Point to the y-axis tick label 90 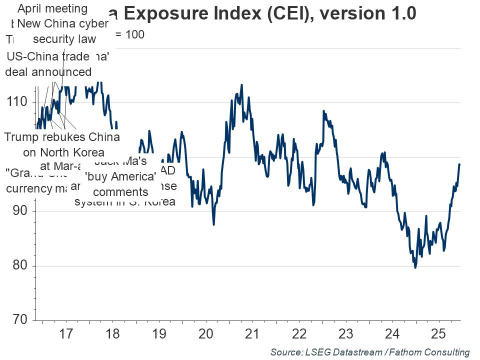(19, 211)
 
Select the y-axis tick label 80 (19, 266)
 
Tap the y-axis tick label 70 (19, 320)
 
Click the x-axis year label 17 (66, 334)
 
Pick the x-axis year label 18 (112, 334)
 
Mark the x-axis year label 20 (206, 334)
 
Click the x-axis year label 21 (253, 334)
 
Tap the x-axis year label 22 (299, 334)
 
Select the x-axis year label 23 (346, 334)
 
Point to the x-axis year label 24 (392, 334)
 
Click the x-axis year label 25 (439, 334)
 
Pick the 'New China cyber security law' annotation (62, 31)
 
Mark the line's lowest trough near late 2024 (415, 268)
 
